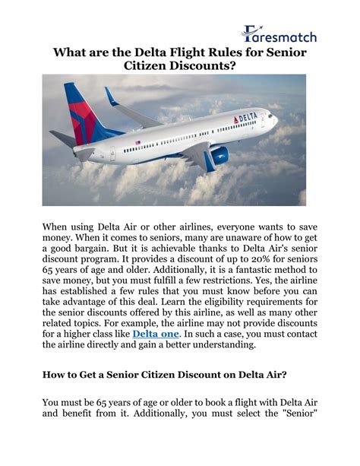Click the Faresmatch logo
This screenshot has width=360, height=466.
pyautogui.click(x=279, y=33)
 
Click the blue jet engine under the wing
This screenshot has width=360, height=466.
pyautogui.click(x=216, y=157)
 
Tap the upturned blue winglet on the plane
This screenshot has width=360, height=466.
pyautogui.click(x=112, y=97)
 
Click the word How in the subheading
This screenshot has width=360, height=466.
pyautogui.click(x=55, y=376)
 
